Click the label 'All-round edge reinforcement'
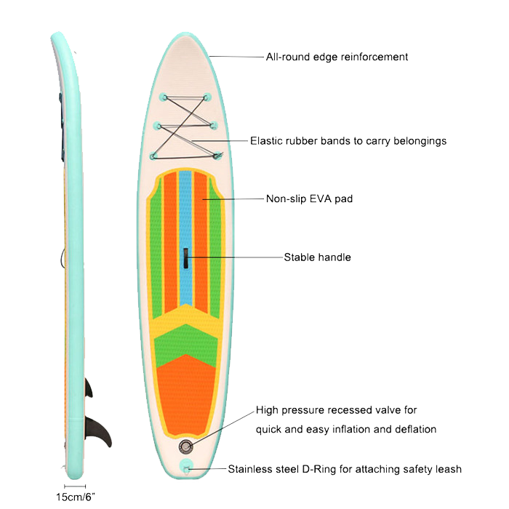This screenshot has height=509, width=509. coord(337,57)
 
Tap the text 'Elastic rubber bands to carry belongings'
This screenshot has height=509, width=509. coord(348,141)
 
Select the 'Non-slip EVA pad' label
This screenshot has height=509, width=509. coord(309,199)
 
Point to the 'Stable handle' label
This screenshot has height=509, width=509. coord(317,257)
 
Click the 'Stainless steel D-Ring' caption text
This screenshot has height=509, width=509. coord(282,469)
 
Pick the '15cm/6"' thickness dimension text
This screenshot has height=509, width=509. coord(76,497)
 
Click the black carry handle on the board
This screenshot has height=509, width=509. coord(186,258)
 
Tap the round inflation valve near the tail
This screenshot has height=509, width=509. coord(186,447)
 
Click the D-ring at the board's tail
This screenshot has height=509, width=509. coord(186,468)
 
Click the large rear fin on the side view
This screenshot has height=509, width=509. coord(98,432)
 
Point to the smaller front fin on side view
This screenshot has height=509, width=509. coord(89,388)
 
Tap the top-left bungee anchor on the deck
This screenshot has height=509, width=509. coord(164,97)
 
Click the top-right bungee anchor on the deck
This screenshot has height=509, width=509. coord(207,97)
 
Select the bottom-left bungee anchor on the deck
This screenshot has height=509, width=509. coord(154,156)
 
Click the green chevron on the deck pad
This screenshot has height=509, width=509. coord(185,344)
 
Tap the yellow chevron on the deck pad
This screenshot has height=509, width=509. coord(185,320)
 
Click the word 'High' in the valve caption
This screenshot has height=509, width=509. coord(267,410)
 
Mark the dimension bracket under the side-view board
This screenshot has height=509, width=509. coord(75,486)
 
